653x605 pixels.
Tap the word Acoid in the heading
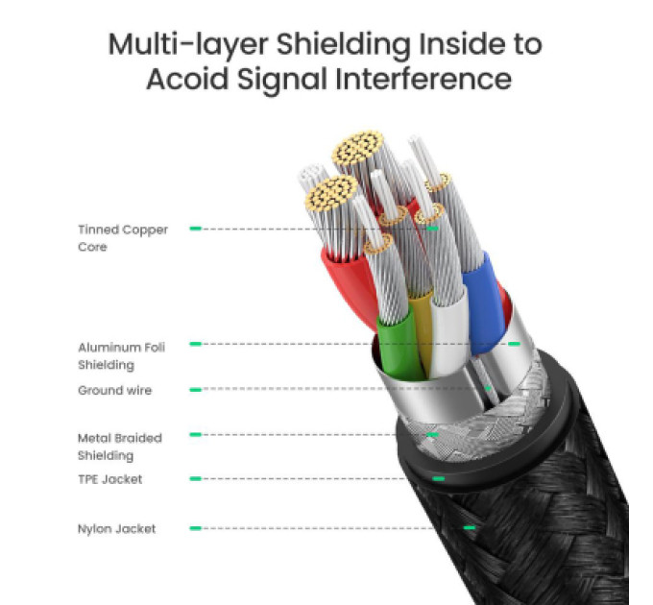point(187,79)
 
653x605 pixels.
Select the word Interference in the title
point(423,79)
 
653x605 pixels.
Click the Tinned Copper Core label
point(123,238)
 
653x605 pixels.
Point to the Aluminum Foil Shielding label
point(122,355)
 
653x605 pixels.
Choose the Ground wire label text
point(115,390)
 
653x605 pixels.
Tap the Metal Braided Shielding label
point(120,447)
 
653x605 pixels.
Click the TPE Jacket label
point(109,479)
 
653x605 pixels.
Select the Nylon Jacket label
point(116,528)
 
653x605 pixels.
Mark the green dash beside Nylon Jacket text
point(195,528)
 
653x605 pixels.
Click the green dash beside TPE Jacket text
point(195,479)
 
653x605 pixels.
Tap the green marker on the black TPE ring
point(439,479)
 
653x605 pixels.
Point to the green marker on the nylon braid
point(470,528)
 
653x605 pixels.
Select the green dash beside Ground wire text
point(195,390)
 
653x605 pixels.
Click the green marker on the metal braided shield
point(433,435)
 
